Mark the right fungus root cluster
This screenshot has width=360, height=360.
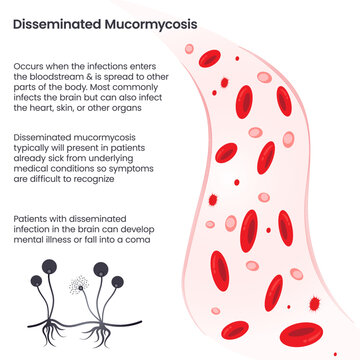103,329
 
